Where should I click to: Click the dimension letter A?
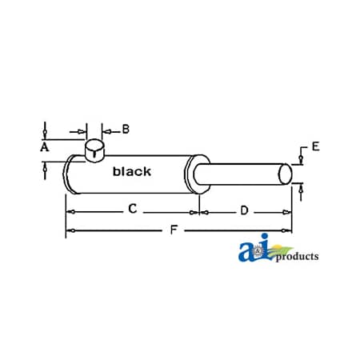tap(45, 147)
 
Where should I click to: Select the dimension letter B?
tap(126, 128)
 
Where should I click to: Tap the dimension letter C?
tap(132, 210)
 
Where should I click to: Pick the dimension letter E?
tap(315, 146)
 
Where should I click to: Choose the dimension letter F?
tap(174, 231)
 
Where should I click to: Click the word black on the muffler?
tap(131, 171)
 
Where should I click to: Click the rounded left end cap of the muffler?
tap(70, 174)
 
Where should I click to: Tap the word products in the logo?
tap(297, 257)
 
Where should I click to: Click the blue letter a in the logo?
tap(247, 253)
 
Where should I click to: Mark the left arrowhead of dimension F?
tap(70, 231)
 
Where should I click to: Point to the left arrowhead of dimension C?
tap(70, 212)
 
